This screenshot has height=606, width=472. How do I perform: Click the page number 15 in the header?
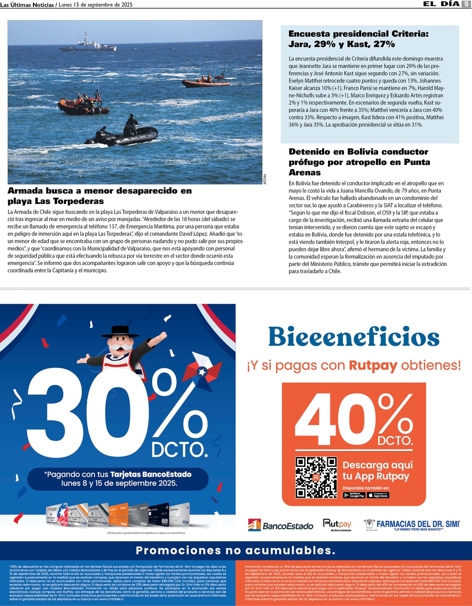(x=466, y=4)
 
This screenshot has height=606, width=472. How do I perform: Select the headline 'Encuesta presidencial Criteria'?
(x=358, y=39)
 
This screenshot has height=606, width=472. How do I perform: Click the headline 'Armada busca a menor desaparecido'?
(x=100, y=196)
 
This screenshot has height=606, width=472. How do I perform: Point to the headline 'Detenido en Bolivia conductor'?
(x=359, y=162)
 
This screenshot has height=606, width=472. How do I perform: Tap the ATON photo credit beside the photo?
(x=265, y=179)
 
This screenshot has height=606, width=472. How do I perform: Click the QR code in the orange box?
(x=316, y=477)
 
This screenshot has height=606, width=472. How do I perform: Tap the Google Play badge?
(x=354, y=495)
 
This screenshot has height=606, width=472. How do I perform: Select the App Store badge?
(x=378, y=495)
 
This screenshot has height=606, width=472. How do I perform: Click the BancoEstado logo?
(x=280, y=525)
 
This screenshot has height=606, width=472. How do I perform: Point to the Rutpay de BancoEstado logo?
(x=337, y=525)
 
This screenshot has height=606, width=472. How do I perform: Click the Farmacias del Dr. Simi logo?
(x=412, y=525)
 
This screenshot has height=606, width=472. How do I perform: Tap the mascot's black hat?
(x=120, y=331)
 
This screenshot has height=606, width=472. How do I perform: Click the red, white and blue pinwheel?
(x=201, y=372)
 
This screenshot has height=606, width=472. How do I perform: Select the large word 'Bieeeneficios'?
(x=354, y=337)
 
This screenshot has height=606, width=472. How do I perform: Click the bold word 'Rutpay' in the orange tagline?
(x=373, y=365)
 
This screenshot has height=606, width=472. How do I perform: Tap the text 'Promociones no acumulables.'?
(x=236, y=550)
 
